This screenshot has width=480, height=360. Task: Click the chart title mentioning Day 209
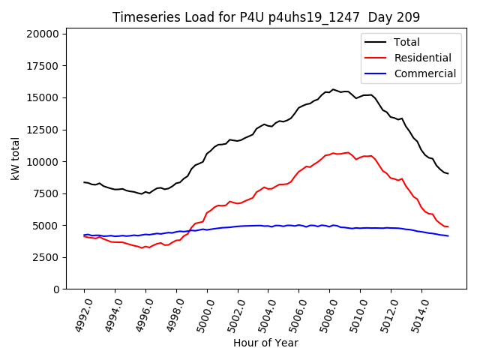266,17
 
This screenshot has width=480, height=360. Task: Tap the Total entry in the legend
406,42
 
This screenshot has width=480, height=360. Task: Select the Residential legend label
422,58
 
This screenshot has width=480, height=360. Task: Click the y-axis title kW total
15,158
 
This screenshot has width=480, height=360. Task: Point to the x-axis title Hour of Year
265,343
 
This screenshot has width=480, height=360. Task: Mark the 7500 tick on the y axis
46,193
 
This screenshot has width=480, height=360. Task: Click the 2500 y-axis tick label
46,257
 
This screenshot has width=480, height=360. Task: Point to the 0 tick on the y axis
56,289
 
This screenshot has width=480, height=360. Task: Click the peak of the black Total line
333,89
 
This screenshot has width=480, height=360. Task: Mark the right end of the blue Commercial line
448,236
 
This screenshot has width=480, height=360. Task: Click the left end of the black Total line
84,182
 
